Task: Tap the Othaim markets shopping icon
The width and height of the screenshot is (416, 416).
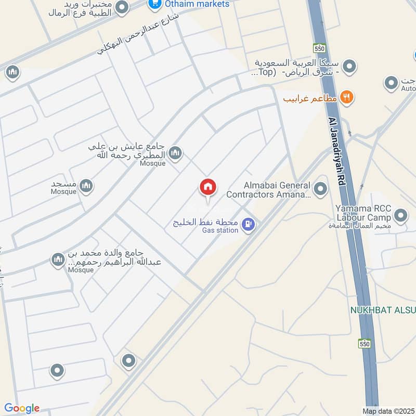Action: tap(153, 4)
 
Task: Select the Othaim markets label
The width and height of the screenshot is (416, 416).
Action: tap(197, 4)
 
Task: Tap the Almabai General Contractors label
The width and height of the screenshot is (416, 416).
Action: tap(268, 190)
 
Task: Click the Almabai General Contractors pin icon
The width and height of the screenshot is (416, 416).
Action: tap(321, 189)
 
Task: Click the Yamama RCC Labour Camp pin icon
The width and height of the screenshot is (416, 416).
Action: tap(400, 214)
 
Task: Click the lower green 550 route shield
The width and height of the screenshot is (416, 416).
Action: tap(365, 344)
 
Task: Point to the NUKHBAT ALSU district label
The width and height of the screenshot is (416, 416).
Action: tap(383, 311)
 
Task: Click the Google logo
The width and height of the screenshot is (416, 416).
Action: tap(22, 408)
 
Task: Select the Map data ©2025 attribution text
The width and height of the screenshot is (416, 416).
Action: tap(388, 411)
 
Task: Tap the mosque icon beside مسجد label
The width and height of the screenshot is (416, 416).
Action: tap(86, 185)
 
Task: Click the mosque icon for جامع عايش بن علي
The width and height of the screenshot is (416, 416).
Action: tap(175, 152)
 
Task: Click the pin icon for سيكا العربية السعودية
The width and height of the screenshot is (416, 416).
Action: tap(351, 66)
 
